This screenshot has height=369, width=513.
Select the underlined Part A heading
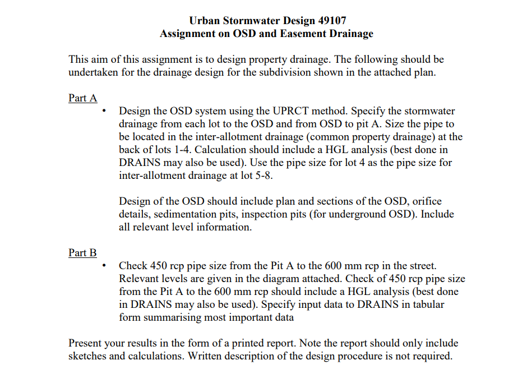click(83, 98)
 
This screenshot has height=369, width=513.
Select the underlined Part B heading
click(83, 253)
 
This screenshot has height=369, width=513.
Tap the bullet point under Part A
click(105, 112)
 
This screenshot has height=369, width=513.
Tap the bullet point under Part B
click(105, 266)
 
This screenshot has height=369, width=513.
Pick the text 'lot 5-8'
click(274, 175)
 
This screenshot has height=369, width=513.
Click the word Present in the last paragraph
click(86, 343)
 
